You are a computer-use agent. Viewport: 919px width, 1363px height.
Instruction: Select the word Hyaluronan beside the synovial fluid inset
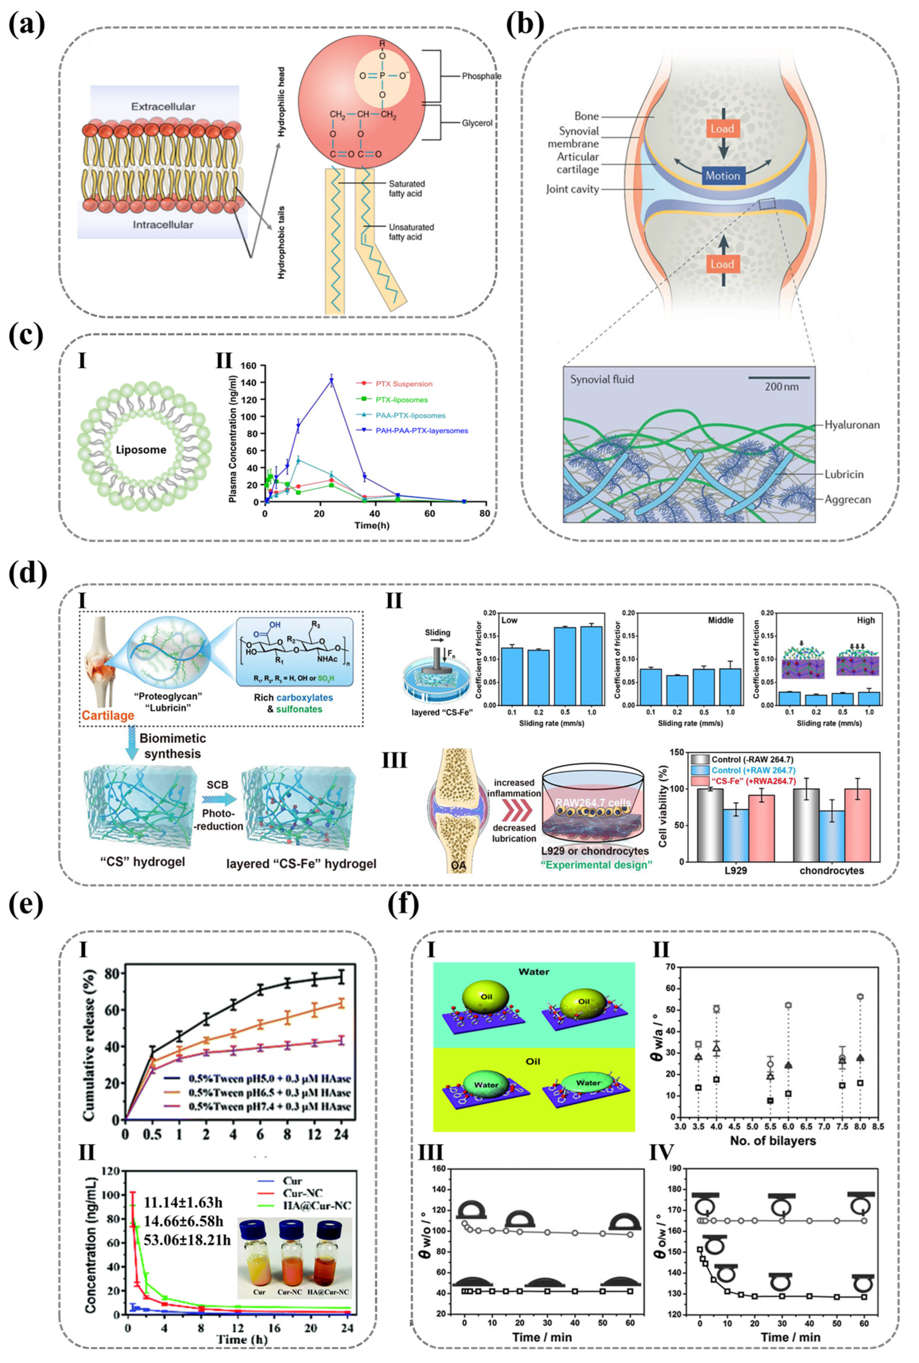[852, 425]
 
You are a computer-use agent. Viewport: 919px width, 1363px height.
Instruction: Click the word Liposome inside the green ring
[141, 450]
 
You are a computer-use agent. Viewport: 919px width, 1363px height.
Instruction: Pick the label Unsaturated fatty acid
[411, 232]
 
